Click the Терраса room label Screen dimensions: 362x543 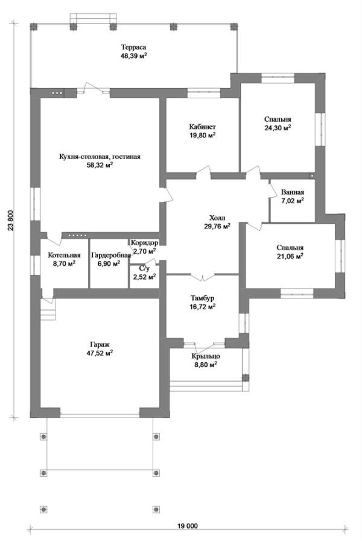pyautogui.click(x=133, y=47)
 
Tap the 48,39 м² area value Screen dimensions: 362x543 pyautogui.click(x=133, y=56)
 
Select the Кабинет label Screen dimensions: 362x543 pyautogui.click(x=203, y=127)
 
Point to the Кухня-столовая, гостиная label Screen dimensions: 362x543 pyautogui.click(x=100, y=157)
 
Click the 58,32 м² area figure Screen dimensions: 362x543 pyautogui.click(x=100, y=165)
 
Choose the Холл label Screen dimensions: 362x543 pyautogui.click(x=217, y=218)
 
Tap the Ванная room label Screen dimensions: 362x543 pyautogui.click(x=293, y=192)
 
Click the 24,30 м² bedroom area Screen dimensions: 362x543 pyautogui.click(x=278, y=128)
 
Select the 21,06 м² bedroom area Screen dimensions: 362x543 pyautogui.click(x=290, y=256)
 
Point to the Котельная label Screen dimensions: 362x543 pyautogui.click(x=64, y=255)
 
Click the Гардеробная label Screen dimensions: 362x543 pyautogui.click(x=111, y=255)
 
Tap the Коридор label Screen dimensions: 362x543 pyautogui.click(x=145, y=243)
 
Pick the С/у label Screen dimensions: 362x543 pyautogui.click(x=144, y=268)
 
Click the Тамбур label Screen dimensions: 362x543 pyautogui.click(x=203, y=298)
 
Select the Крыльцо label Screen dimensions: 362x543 pyautogui.click(x=206, y=356)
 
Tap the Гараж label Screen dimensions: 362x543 pyautogui.click(x=100, y=345)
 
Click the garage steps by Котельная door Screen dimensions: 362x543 pyautogui.click(x=48, y=310)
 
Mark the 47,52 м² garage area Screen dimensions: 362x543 pyautogui.click(x=100, y=354)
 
